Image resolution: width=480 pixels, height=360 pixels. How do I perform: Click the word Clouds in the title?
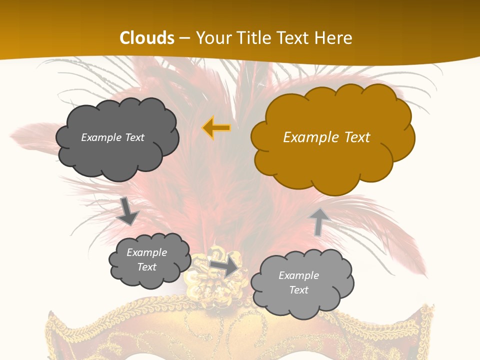pyautogui.click(x=147, y=38)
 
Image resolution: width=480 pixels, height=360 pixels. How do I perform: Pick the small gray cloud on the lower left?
pyautogui.click(x=149, y=260)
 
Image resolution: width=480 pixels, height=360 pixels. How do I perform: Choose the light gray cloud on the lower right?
pyautogui.click(x=302, y=283)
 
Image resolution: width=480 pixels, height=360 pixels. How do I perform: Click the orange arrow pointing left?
pyautogui.click(x=216, y=127)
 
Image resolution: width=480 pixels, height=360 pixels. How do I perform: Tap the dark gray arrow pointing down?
pyautogui.click(x=128, y=211)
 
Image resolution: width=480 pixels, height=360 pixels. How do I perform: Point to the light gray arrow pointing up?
pyautogui.click(x=318, y=221)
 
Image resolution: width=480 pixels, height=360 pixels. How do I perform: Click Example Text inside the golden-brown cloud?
pyautogui.click(x=326, y=137)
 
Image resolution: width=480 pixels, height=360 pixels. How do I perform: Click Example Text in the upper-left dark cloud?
pyautogui.click(x=112, y=137)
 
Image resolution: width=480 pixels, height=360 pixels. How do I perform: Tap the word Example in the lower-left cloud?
pyautogui.click(x=146, y=252)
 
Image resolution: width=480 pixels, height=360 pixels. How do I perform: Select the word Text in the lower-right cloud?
pyautogui.click(x=298, y=290)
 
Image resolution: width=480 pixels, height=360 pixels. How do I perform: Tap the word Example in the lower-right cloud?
pyautogui.click(x=298, y=275)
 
